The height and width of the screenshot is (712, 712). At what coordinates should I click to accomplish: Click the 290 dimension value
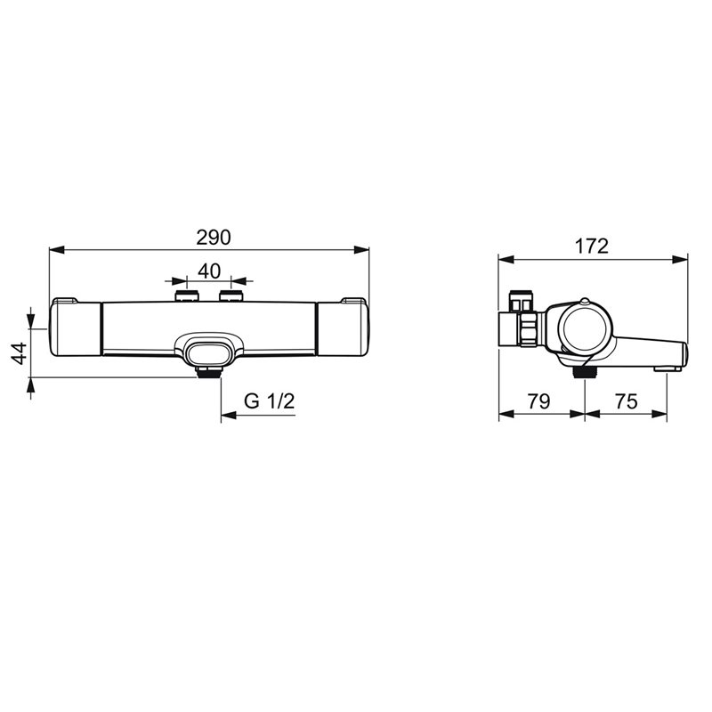coord(214,238)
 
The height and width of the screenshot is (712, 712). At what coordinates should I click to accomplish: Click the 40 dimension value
coord(209,271)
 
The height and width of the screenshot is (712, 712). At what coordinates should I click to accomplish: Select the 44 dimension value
coord(20,353)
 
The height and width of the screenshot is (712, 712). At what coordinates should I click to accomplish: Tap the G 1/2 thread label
coord(270,401)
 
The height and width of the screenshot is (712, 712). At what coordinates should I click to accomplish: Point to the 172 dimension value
coord(592,247)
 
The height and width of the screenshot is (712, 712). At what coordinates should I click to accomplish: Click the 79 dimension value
coord(538,401)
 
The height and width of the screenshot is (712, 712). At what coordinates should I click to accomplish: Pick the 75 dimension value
coord(627,401)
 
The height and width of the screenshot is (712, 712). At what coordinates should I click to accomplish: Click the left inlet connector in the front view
coord(187,296)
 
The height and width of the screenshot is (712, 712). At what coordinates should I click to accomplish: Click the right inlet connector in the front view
coord(231,296)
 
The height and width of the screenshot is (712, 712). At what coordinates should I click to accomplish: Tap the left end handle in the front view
coord(75,327)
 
